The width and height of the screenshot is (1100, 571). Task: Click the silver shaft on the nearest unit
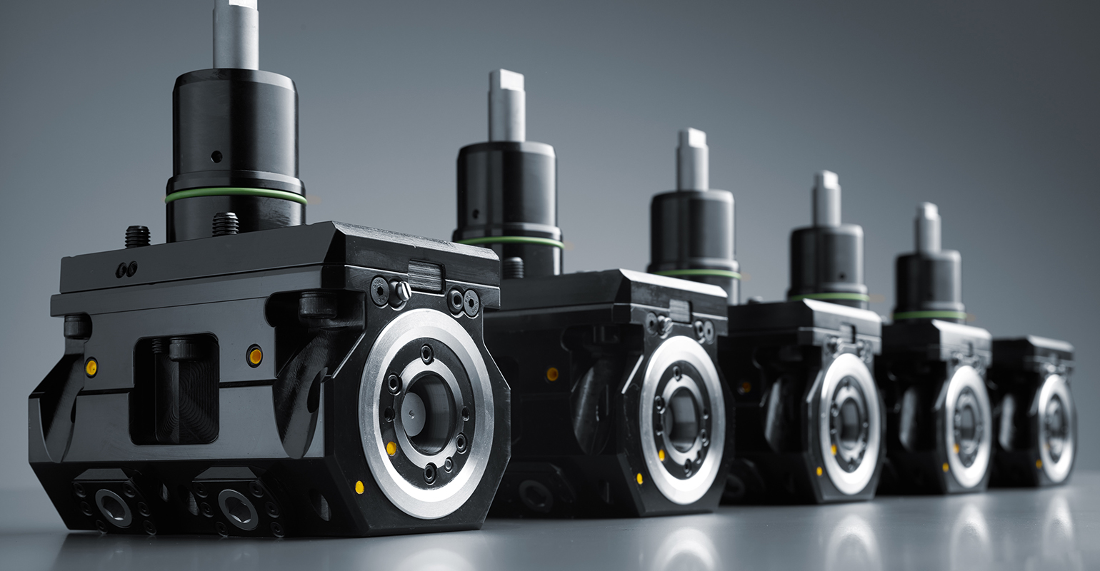pos(235,32)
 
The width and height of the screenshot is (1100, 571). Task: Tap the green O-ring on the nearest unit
pos(236,193)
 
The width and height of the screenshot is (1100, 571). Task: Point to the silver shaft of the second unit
pos(506,106)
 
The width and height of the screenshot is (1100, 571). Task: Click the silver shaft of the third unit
pos(692,159)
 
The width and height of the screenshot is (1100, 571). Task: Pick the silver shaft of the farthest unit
pos(928,227)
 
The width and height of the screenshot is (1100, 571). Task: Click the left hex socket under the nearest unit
pos(114,506)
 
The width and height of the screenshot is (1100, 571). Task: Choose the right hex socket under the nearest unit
pos(238,507)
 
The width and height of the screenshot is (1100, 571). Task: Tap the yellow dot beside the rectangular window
pos(254,355)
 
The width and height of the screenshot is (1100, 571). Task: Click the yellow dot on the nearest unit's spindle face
pos(391,448)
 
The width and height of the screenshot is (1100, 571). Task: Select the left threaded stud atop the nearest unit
pos(137,236)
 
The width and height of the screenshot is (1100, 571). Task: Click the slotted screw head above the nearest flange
pos(400,290)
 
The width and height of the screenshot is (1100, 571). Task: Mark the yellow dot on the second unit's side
pos(551,373)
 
